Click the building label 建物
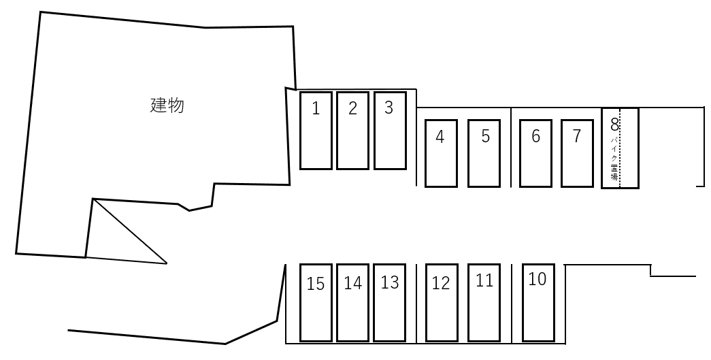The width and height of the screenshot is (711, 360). click(167, 105)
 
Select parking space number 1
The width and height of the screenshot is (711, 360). click(316, 130)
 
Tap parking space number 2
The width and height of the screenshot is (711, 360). click(352, 130)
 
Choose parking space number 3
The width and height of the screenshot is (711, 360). click(390, 130)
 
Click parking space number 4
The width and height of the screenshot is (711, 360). click(441, 153)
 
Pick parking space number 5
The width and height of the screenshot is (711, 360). click(484, 153)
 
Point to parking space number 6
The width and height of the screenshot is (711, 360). click(535, 153)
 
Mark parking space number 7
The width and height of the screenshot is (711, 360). click(577, 153)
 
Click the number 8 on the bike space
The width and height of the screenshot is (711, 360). click(614, 125)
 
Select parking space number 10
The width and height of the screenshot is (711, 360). click(538, 302)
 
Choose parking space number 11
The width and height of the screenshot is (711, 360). click(484, 302)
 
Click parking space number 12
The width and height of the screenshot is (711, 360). click(441, 302)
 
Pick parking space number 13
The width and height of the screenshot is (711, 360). click(390, 302)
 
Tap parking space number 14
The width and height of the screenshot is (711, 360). click(352, 302)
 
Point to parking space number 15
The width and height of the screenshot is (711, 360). click(316, 302)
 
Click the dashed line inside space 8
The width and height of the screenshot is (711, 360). click(620, 148)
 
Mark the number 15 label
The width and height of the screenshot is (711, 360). click(316, 284)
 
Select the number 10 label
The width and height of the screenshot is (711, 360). click(538, 279)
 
